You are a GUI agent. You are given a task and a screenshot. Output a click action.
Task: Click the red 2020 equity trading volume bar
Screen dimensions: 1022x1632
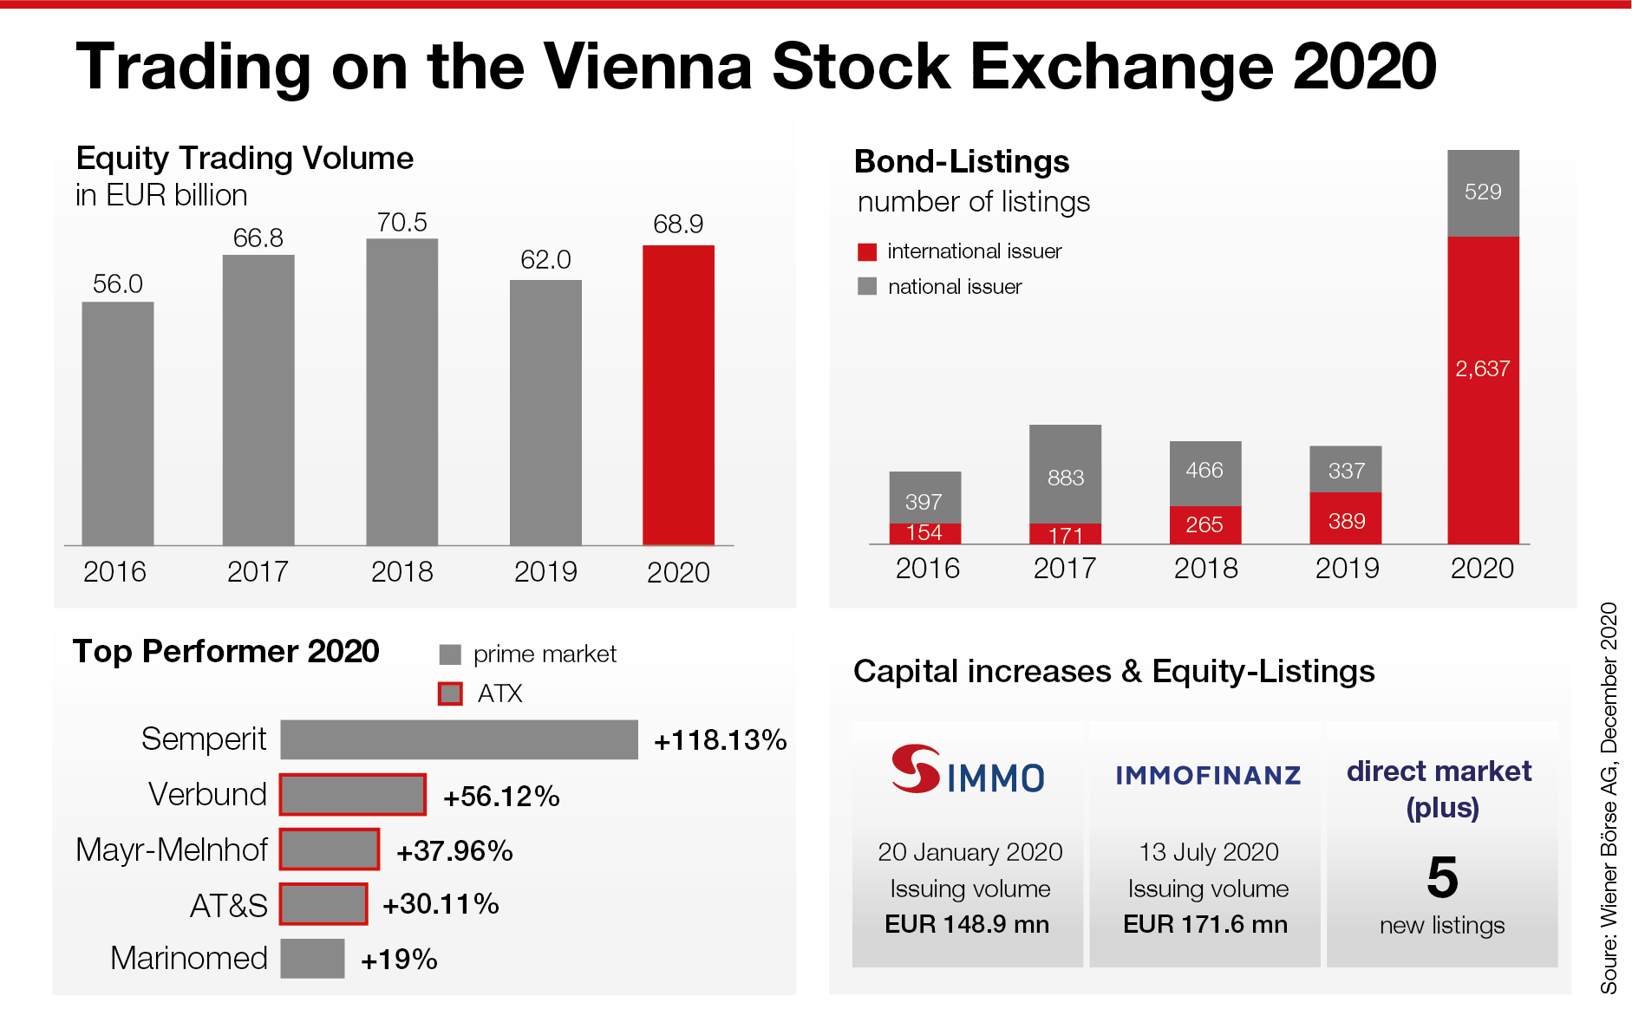point(678,394)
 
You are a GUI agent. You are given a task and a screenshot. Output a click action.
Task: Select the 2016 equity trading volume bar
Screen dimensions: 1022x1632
point(118,423)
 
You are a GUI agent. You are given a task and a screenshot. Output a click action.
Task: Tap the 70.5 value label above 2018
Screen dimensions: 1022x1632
point(401,223)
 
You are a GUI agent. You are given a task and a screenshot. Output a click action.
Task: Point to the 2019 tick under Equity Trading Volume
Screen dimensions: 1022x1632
point(545,572)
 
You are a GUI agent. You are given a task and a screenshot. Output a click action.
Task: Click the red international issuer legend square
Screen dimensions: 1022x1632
point(867,252)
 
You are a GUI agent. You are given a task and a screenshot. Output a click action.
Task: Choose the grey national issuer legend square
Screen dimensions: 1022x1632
point(867,287)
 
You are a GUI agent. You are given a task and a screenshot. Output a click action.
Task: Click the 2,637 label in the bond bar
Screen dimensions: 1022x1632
point(1482,369)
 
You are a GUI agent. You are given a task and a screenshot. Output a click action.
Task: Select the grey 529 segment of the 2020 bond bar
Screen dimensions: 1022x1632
point(1483,192)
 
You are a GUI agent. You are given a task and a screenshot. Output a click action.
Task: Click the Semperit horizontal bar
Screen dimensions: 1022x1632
point(459,739)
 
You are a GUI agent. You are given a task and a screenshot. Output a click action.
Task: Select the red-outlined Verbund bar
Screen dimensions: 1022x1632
point(353,795)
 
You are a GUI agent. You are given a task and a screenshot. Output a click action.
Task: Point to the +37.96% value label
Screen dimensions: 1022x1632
point(454,851)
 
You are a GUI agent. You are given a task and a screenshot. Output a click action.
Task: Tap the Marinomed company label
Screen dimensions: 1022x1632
point(189,959)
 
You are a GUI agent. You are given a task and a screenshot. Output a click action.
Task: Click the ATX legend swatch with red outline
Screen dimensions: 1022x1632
point(450,693)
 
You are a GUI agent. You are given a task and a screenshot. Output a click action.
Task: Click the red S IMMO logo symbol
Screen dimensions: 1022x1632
point(915,769)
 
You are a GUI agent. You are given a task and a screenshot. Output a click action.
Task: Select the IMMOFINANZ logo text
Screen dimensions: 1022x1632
point(1208,775)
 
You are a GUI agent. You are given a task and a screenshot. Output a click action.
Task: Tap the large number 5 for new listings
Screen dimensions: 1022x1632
point(1442,877)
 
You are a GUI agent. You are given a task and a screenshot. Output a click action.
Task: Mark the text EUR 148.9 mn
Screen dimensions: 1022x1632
point(967,925)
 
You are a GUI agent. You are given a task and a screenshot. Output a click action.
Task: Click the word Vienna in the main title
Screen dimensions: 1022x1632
point(648,67)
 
